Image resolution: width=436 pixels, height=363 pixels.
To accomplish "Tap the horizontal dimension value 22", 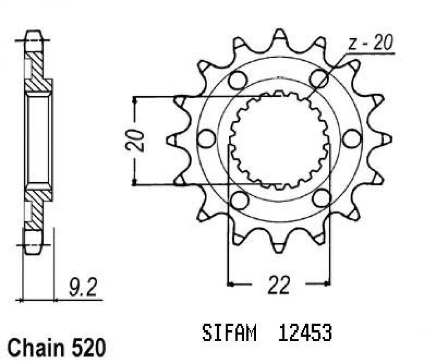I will point(278,287).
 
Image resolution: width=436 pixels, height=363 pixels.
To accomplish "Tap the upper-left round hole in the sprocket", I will point(236,80).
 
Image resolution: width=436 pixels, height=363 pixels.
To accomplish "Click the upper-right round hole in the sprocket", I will point(318,79).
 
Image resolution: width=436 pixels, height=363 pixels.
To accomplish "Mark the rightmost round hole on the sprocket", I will point(351,139).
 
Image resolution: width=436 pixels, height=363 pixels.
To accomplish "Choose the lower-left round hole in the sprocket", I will point(239,199).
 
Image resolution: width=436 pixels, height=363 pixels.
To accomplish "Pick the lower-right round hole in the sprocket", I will point(322,198).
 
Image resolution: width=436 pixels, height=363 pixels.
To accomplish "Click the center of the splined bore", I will point(279,140).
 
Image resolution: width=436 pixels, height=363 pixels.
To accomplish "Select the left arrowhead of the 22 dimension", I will point(230,285).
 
